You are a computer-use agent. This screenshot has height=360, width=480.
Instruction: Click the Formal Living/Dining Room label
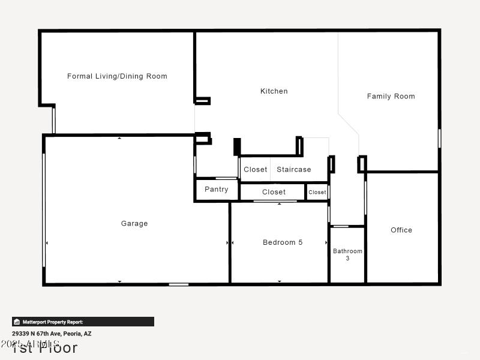117,76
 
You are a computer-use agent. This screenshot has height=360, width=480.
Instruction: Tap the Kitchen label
274,91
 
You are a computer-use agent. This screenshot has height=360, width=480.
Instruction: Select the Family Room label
391,96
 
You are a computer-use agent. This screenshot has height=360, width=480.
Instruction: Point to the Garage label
134,223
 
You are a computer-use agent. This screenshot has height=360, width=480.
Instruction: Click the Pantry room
216,190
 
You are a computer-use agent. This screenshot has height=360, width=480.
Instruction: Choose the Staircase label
293,169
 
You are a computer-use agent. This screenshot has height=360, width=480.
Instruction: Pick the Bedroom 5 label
283,242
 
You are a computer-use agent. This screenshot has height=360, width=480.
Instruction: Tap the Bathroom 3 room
347,254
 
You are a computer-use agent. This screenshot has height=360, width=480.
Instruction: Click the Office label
401,230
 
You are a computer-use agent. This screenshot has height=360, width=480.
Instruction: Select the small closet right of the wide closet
317,192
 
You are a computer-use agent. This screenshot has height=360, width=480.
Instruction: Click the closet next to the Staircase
255,169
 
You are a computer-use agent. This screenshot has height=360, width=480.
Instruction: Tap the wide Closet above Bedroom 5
274,192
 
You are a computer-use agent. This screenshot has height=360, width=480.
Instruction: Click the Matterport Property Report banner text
53,322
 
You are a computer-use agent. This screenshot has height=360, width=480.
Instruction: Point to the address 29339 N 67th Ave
52,334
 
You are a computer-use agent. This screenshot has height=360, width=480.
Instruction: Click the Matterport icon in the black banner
17,322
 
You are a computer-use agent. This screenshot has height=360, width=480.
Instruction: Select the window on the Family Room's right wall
439,138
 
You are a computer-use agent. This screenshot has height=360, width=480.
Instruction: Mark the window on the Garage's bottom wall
178,284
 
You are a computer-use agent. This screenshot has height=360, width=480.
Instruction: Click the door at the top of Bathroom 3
341,226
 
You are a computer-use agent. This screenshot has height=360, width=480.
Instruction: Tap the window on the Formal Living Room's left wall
53,120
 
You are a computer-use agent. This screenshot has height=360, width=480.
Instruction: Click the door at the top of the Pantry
226,178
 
